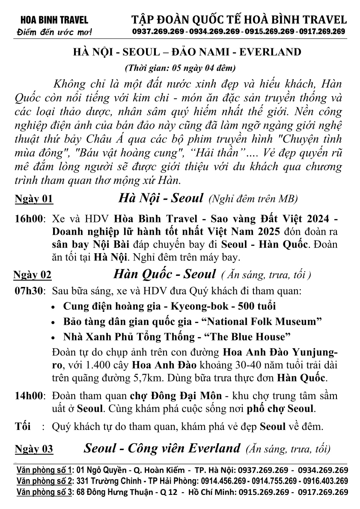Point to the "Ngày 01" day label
click(34, 199)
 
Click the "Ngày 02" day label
click(33, 275)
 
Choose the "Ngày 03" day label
click(34, 449)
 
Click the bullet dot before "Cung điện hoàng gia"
click(53, 307)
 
